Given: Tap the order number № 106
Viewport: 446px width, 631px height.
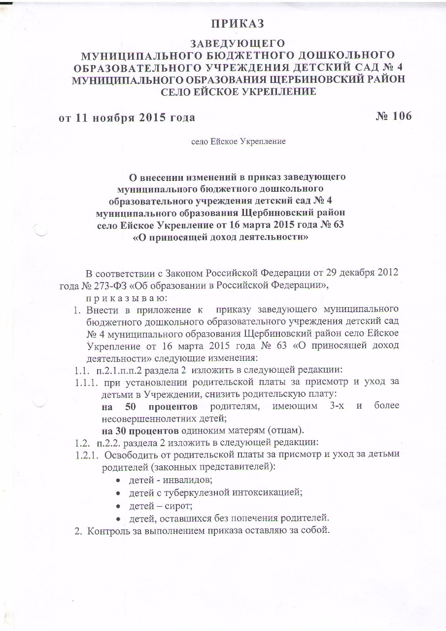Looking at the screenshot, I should tap(387, 116).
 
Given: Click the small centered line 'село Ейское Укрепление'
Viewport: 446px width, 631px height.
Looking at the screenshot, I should tap(239, 141).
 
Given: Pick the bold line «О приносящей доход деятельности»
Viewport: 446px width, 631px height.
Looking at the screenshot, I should tap(221, 237).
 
